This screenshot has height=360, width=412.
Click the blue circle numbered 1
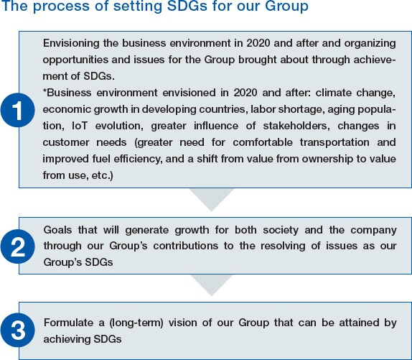(18, 110)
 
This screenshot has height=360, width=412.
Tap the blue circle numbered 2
(18, 246)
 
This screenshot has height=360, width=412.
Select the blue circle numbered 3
(18, 330)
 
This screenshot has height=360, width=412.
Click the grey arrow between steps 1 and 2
(212, 200)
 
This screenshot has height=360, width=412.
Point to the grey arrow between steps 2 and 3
(212, 285)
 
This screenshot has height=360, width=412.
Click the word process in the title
(62, 6)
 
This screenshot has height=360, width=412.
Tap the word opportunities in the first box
(75, 60)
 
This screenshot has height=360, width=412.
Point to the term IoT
(80, 126)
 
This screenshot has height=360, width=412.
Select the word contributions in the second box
(185, 246)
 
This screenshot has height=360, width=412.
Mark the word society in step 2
(281, 231)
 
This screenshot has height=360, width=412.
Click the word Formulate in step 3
(68, 323)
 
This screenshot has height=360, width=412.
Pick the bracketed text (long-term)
(136, 323)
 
